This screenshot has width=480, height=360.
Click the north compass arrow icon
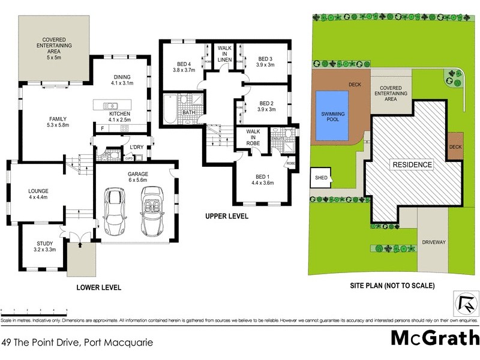coord(464,304)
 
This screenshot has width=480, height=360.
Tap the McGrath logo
coord(435,338)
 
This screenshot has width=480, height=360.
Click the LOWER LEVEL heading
coord(99,288)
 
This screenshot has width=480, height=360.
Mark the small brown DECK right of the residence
coord(455,146)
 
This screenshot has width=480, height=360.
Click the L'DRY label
coord(136,147)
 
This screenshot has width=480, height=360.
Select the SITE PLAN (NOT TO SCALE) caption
coord(392,286)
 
